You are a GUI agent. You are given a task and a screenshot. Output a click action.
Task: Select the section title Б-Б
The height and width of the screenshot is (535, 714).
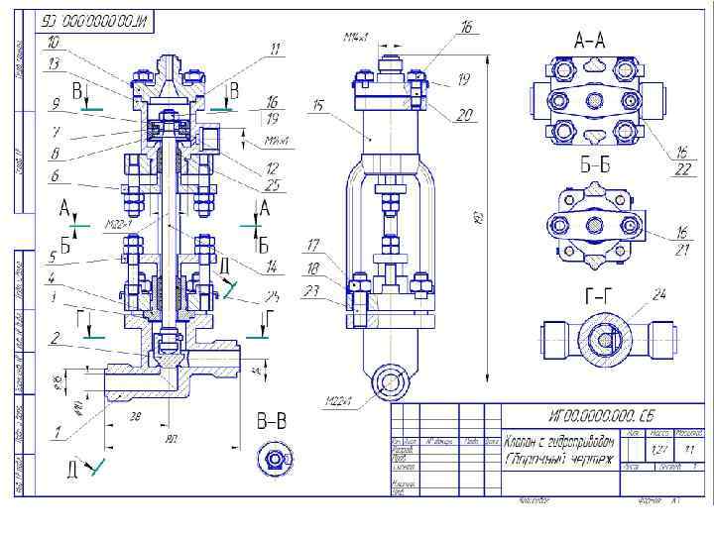point(593,166)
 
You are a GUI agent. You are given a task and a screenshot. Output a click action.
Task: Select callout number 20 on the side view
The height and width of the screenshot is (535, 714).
point(464,115)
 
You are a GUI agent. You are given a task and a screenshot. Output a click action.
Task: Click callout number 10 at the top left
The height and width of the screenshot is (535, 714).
point(53,42)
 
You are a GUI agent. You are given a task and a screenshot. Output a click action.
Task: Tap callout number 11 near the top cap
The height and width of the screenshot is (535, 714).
point(276,48)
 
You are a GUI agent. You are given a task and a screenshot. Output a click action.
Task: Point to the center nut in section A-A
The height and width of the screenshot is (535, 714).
point(595,100)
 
